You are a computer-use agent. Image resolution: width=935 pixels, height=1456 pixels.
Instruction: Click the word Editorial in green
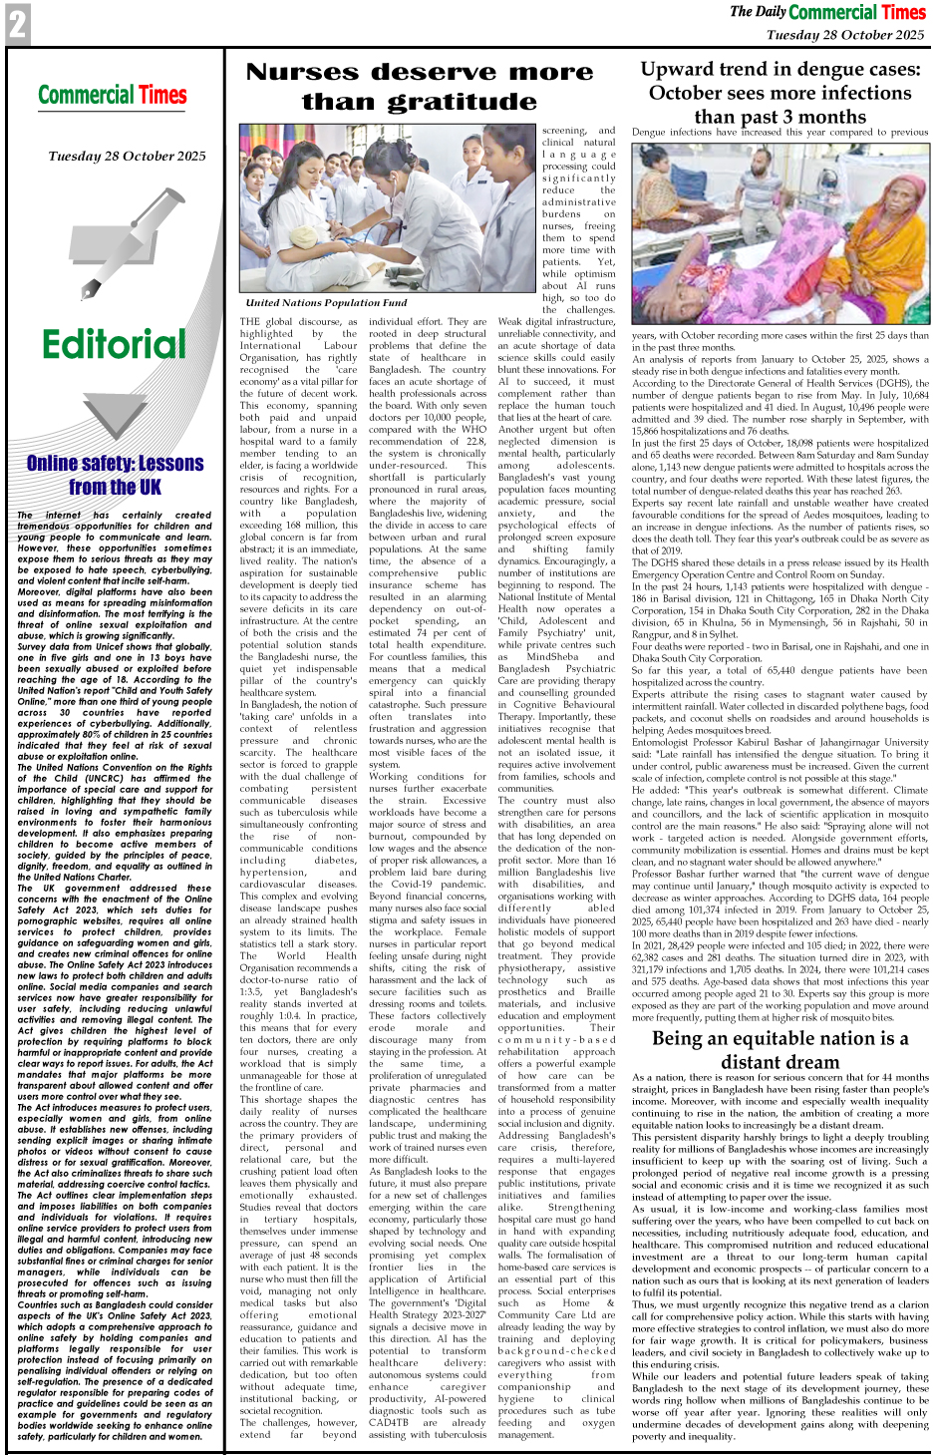114,345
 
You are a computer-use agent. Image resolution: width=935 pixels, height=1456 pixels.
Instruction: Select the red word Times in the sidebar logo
163,96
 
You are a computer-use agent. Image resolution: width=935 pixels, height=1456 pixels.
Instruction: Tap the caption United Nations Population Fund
326,302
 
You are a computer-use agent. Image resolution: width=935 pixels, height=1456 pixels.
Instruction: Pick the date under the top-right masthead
844,35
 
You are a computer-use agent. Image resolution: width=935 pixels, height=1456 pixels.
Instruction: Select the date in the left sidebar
127,157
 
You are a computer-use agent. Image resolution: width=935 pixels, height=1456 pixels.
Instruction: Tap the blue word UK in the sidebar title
143,488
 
